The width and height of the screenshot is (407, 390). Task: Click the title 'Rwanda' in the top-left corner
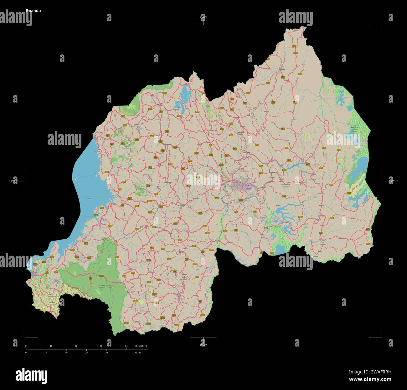click(x=33, y=11)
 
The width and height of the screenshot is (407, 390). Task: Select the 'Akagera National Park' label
click(x=354, y=130)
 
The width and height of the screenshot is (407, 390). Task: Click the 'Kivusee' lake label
click(x=90, y=198)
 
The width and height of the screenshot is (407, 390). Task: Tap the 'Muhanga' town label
click(x=181, y=206)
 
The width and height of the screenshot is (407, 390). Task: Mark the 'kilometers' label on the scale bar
click(x=141, y=346)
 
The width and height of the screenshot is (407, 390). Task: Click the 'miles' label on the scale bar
click(x=137, y=352)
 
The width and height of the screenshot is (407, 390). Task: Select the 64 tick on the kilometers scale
click(x=126, y=346)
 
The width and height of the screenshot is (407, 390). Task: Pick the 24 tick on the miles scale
click(x=86, y=352)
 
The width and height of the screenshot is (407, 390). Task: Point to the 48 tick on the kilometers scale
click(x=101, y=346)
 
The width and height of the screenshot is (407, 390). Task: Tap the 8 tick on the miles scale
click(x=46, y=352)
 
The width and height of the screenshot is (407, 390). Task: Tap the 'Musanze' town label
click(x=161, y=105)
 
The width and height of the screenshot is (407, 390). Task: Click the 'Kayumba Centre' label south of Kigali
click(x=236, y=224)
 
